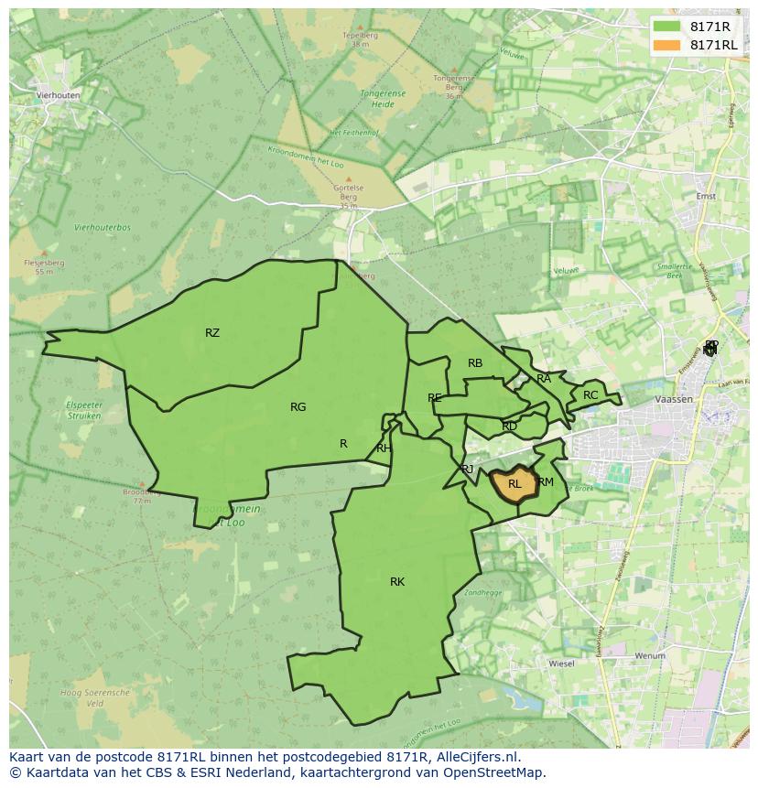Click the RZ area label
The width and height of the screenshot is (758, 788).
212,333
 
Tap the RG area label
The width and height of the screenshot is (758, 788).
298,407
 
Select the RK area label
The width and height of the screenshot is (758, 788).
397,582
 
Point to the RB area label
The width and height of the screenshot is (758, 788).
475,363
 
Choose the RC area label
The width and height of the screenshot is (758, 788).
590,395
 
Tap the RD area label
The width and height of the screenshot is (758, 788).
510,426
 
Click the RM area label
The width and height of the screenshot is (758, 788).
546,482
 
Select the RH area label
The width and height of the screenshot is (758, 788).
384,448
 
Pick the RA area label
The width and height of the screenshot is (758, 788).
544,378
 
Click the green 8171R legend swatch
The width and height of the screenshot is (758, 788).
667,27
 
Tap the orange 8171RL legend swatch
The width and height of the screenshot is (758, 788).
667,44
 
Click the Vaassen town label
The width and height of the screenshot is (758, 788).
674,400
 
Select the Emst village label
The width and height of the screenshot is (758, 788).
706,196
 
